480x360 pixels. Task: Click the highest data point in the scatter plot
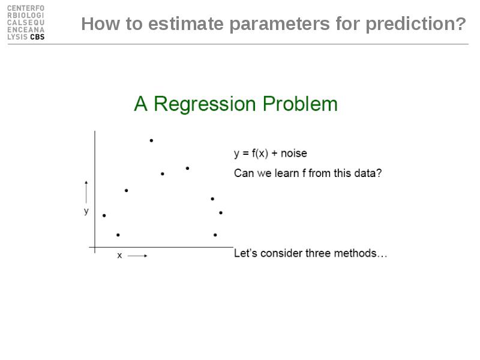pyautogui.click(x=151, y=140)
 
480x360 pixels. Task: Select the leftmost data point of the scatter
pyautogui.click(x=104, y=215)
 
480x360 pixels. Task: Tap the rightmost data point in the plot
pyautogui.click(x=221, y=212)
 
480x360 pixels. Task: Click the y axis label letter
pyautogui.click(x=86, y=211)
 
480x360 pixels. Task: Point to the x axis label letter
pyautogui.click(x=119, y=256)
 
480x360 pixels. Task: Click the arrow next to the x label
pyautogui.click(x=137, y=256)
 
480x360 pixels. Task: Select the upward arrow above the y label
pyautogui.click(x=86, y=192)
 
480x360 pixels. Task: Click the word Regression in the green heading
pyautogui.click(x=205, y=104)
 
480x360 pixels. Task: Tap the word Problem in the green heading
pyautogui.click(x=300, y=103)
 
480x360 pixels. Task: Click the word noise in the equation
pyautogui.click(x=294, y=153)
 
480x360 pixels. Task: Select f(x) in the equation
pyautogui.click(x=260, y=153)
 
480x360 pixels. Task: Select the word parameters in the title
pyautogui.click(x=280, y=25)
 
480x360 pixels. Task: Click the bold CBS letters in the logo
pyautogui.click(x=37, y=37)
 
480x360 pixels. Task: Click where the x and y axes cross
pyautogui.click(x=95, y=247)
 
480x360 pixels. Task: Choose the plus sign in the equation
pyautogui.click(x=274, y=154)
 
